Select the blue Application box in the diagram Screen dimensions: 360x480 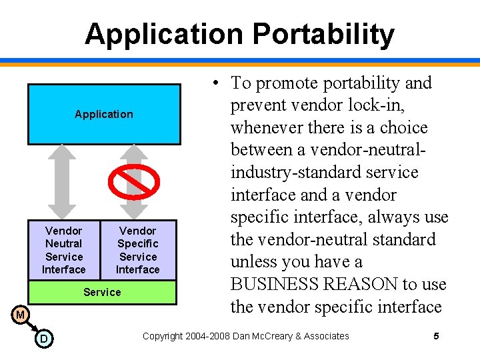[103, 114]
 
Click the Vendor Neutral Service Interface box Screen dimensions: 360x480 [64, 250]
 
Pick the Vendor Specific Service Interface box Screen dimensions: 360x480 [138, 250]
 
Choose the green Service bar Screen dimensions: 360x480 [102, 292]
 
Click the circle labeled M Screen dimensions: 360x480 [20, 314]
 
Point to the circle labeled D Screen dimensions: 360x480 [43, 339]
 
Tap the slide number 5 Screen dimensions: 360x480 [436, 336]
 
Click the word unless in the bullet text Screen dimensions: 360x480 [254, 262]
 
